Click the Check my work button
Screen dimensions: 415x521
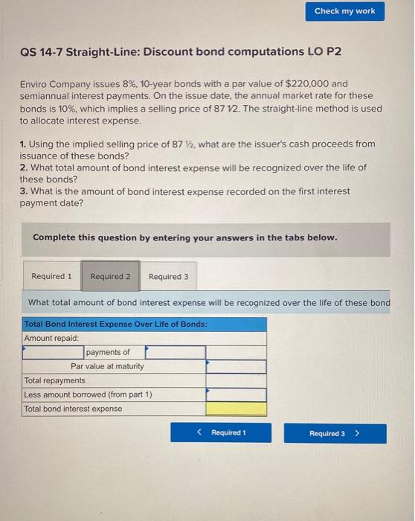pos(344,11)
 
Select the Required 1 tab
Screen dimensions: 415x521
pos(51,276)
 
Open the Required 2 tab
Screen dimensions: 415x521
pos(110,276)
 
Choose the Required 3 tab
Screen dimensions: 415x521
pos(168,276)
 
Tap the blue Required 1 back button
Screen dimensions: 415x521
pos(221,433)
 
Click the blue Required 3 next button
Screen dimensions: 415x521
pos(335,433)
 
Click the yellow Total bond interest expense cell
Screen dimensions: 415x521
pos(236,409)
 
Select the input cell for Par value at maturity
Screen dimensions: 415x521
pos(236,366)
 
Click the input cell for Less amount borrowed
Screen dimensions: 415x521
pos(236,394)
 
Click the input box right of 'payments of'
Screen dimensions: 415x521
pos(175,352)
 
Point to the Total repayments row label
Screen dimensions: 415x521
pos(54,380)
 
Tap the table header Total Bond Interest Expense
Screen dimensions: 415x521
pos(115,324)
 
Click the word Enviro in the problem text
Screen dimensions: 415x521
pos(33,84)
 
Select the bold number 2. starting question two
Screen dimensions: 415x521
pos(23,167)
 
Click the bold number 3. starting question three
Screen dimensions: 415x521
pos(23,191)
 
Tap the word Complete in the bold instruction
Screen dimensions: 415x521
pos(54,237)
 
